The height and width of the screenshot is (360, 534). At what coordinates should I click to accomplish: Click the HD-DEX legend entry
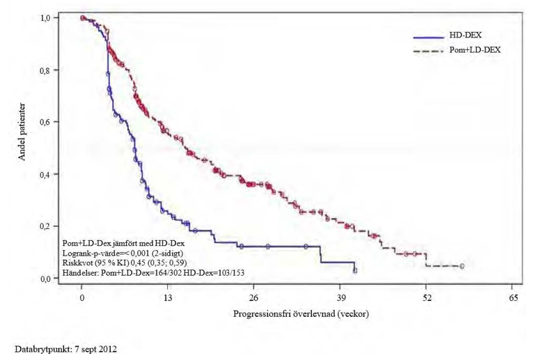pyautogui.click(x=462, y=36)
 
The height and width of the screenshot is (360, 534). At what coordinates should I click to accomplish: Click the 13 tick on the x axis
pyautogui.click(x=168, y=297)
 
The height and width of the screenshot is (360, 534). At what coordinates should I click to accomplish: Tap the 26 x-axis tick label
pyautogui.click(x=254, y=297)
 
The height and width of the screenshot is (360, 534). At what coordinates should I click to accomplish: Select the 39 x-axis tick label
pyautogui.click(x=340, y=297)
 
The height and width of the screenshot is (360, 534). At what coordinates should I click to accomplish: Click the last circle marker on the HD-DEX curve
pyautogui.click(x=355, y=270)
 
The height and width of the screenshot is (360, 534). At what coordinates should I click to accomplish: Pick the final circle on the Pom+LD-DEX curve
pyautogui.click(x=462, y=266)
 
